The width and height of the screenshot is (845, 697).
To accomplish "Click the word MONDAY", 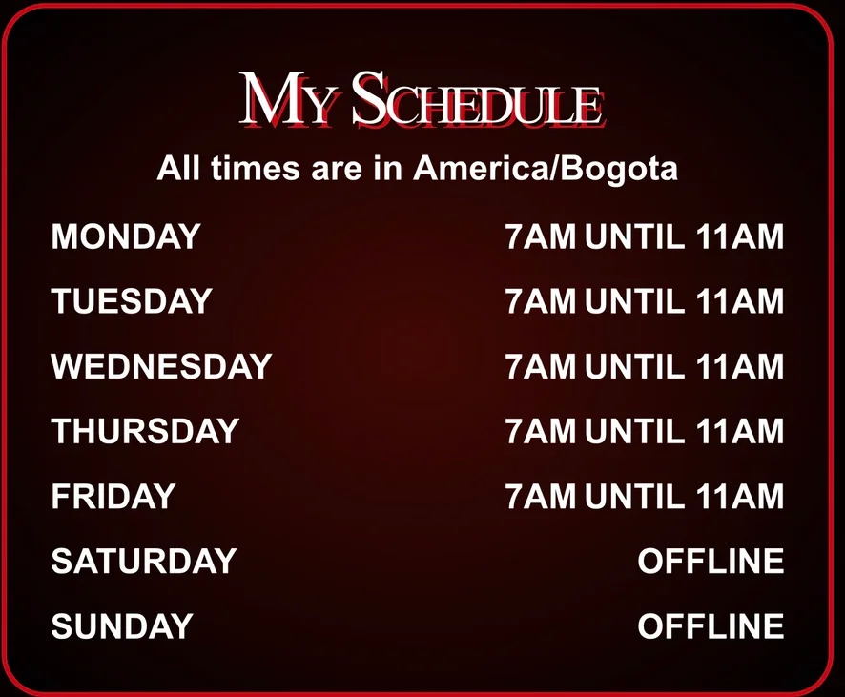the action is [x=126, y=236].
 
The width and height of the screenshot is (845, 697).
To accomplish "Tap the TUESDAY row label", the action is [x=132, y=300].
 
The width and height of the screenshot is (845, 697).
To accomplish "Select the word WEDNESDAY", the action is [x=161, y=366].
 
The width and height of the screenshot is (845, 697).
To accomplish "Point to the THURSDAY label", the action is [x=145, y=431].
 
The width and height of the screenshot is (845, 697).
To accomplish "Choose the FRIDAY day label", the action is [x=113, y=496].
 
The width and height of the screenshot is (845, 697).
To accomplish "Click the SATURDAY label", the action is [x=144, y=561].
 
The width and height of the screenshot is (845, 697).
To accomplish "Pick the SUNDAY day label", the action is [x=122, y=625].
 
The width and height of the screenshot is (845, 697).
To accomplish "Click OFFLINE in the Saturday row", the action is [x=711, y=561].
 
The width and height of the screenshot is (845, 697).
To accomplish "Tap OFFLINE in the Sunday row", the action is [x=711, y=625].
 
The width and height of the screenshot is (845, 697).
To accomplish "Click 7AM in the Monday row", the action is [x=541, y=236].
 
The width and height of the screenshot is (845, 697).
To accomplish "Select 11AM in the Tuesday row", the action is [x=739, y=300].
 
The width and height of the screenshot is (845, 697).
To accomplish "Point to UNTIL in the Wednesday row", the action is [x=635, y=366].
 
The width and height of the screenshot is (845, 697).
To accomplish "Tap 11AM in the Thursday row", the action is [x=739, y=431].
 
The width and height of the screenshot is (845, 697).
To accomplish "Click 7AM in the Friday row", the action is [x=541, y=496].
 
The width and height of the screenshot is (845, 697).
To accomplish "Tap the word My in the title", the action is [x=285, y=99].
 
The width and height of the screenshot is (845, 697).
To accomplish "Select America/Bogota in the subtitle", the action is [x=545, y=169].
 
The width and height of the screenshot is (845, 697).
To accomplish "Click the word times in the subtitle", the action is [x=255, y=168].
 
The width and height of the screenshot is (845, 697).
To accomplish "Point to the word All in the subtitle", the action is [x=179, y=168].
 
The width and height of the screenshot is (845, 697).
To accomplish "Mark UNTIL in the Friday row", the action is [x=635, y=496].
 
